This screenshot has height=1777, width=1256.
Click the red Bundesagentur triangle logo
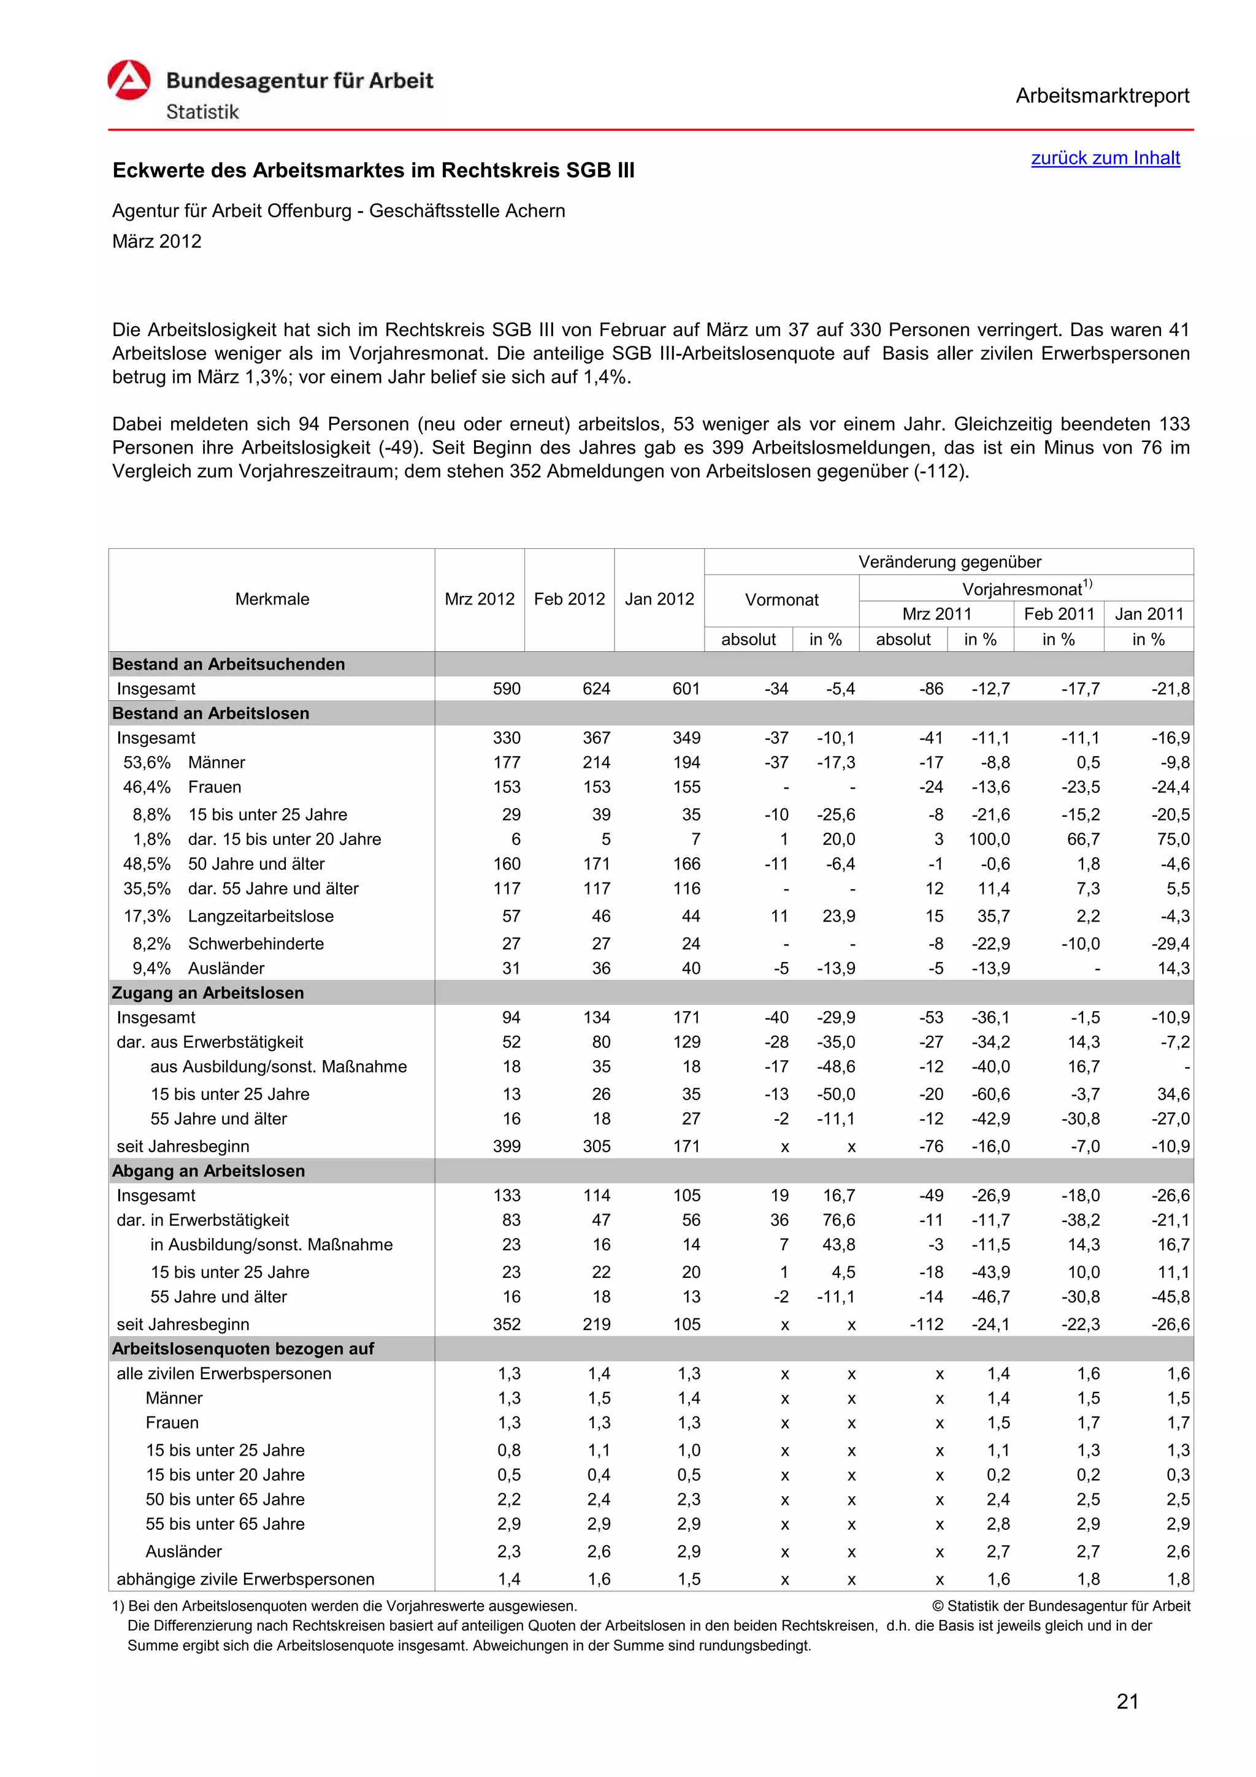pyautogui.click(x=128, y=80)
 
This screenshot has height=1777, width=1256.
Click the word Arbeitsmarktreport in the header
pyautogui.click(x=1102, y=96)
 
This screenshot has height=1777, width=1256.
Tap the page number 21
pyautogui.click(x=1128, y=1701)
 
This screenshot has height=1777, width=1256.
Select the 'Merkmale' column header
pyautogui.click(x=272, y=599)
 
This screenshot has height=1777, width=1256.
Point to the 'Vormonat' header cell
pyautogui.click(x=781, y=600)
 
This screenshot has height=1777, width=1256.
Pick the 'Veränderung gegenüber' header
pyautogui.click(x=949, y=562)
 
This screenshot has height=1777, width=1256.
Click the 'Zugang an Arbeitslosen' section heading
pyautogui.click(x=208, y=992)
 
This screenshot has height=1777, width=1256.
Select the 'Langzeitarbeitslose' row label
pyautogui.click(x=261, y=915)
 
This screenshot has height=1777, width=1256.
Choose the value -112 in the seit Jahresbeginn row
pyautogui.click(x=926, y=1324)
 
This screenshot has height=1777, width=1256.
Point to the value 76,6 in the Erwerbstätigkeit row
pyautogui.click(x=839, y=1220)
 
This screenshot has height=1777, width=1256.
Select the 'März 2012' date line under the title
pyautogui.click(x=156, y=242)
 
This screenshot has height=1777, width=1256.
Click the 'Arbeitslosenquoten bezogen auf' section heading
pyautogui.click(x=243, y=1348)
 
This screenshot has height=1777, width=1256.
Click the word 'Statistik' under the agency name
pyautogui.click(x=202, y=112)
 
